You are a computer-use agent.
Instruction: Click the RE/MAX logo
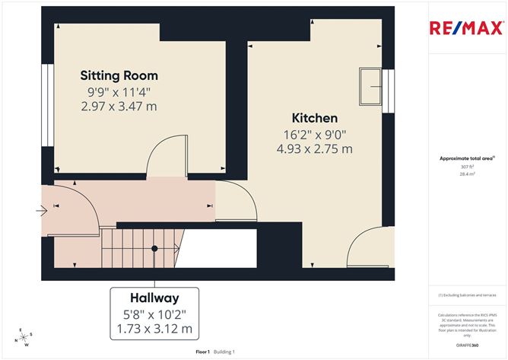(467, 29)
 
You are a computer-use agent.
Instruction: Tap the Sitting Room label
(120, 75)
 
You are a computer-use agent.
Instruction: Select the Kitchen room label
(315, 119)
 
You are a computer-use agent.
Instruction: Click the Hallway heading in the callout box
(154, 298)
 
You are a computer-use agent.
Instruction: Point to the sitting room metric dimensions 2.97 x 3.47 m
(119, 106)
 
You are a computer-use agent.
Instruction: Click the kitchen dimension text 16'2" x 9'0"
(315, 135)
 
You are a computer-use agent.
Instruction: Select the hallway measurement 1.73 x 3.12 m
(154, 329)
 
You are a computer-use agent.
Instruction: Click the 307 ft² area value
(468, 167)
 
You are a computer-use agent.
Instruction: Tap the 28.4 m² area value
(468, 174)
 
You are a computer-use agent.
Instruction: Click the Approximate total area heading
(467, 158)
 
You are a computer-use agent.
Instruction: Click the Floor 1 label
(202, 352)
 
